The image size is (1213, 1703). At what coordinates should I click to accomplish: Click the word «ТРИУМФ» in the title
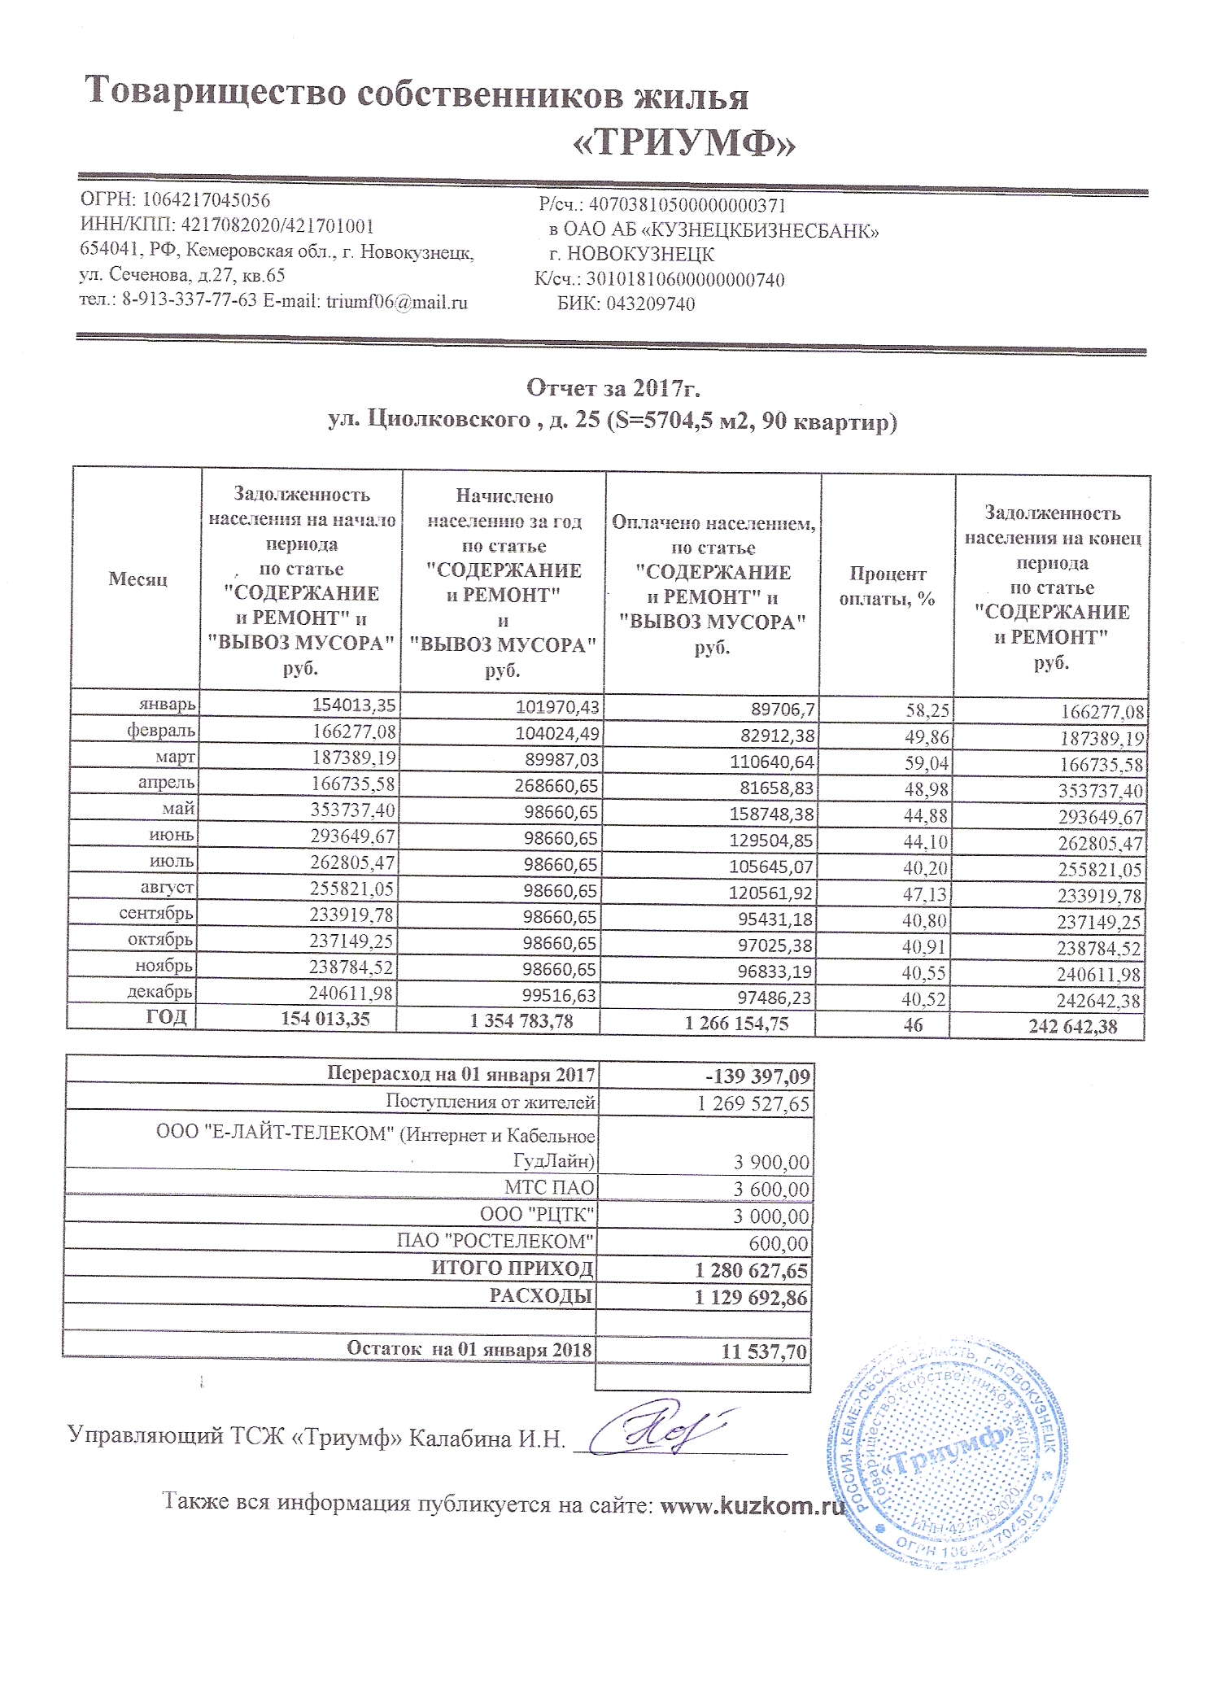pyautogui.click(x=683, y=144)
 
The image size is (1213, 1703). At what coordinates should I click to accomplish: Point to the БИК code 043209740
pyautogui.click(x=650, y=304)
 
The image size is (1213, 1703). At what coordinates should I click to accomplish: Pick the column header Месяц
pyautogui.click(x=137, y=579)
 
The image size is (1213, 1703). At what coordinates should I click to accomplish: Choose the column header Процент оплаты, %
pyautogui.click(x=887, y=587)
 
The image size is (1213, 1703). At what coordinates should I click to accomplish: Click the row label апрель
pyautogui.click(x=167, y=783)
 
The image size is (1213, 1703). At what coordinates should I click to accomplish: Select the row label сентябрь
pyautogui.click(x=156, y=913)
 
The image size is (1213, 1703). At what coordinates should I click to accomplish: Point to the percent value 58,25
pyautogui.click(x=927, y=710)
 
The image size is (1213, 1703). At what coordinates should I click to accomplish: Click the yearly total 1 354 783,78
pyautogui.click(x=521, y=1021)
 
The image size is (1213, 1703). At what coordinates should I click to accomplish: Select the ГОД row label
pyautogui.click(x=167, y=1017)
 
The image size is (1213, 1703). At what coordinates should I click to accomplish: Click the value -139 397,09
pyautogui.click(x=757, y=1077)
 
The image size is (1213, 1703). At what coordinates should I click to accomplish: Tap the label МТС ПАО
pyautogui.click(x=549, y=1188)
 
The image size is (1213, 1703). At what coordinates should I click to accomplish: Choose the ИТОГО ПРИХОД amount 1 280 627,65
pyautogui.click(x=752, y=1271)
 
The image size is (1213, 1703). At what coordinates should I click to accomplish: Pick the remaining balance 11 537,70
pyautogui.click(x=764, y=1352)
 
